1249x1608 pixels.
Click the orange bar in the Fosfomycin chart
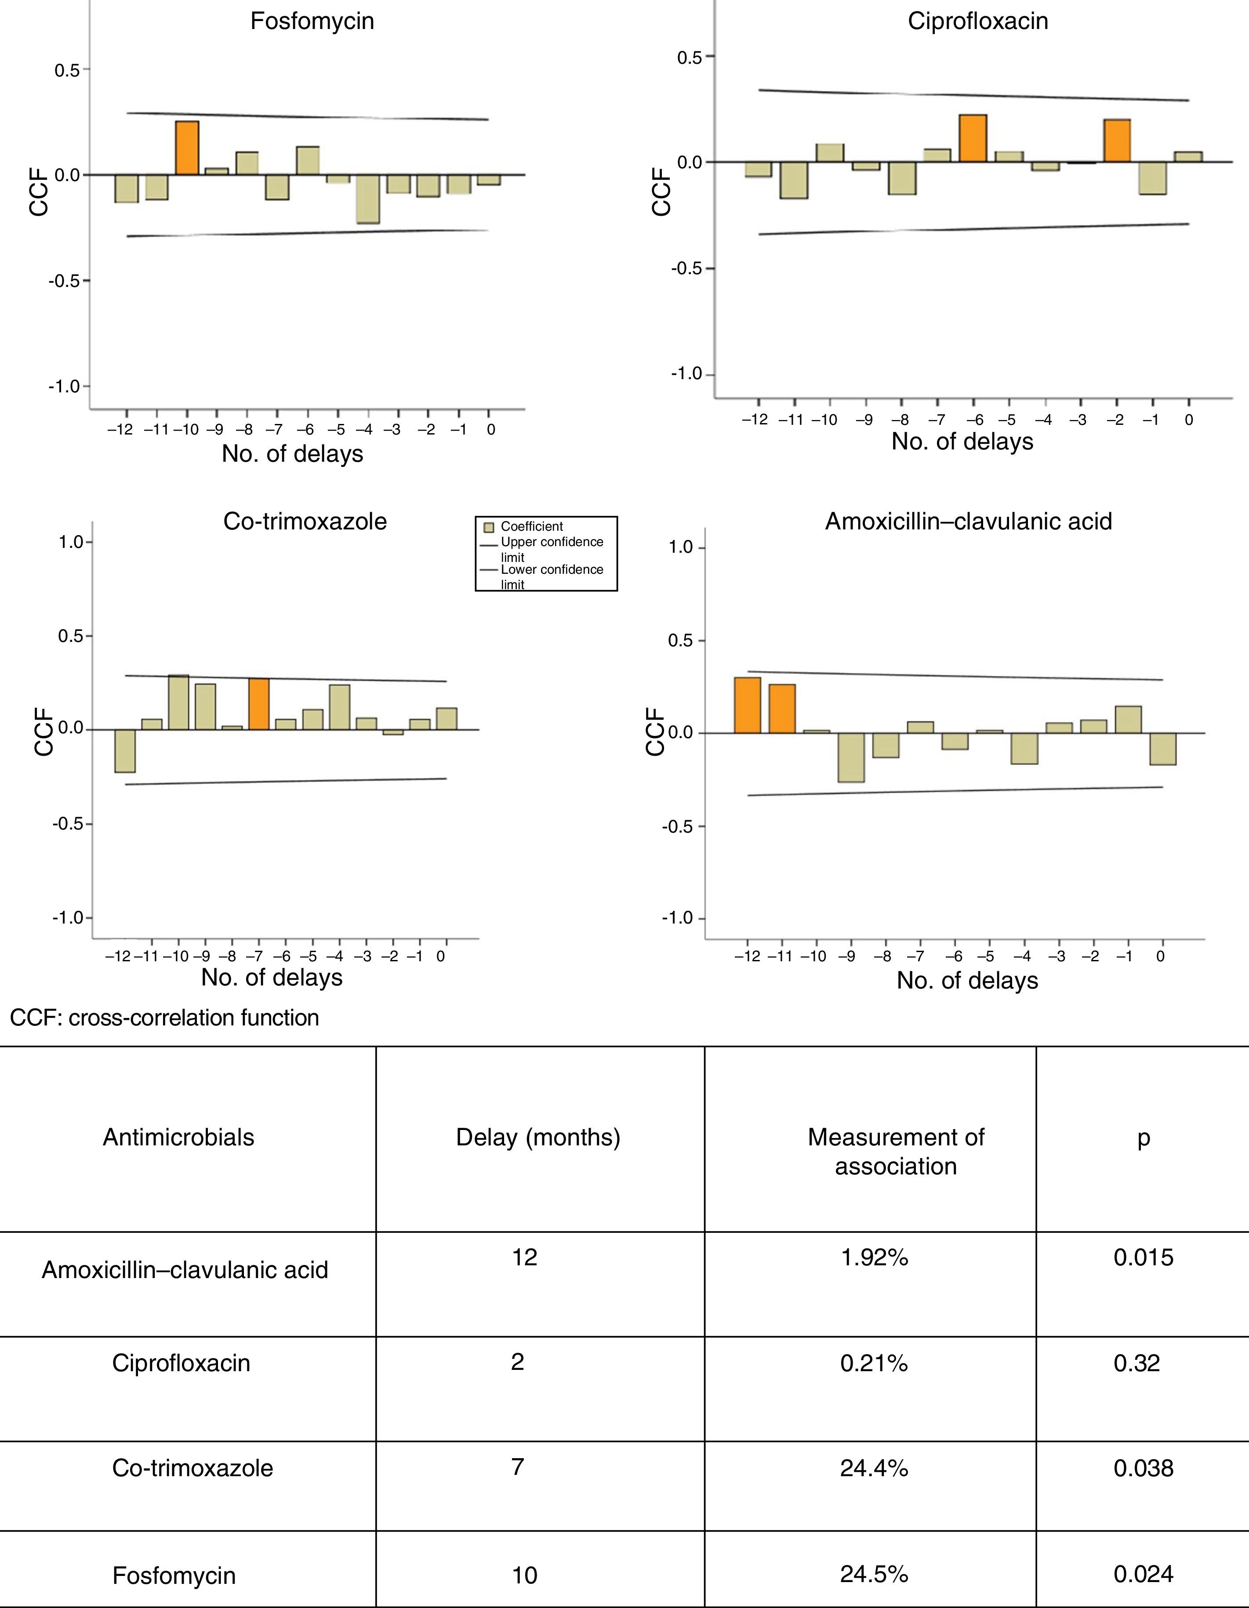187,148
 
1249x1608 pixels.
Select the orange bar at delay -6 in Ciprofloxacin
973,138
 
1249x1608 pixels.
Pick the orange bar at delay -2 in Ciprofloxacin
1116,141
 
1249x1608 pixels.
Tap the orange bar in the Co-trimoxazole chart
258,704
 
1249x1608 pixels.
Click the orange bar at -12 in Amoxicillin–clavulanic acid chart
748,705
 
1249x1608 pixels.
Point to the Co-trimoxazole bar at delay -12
125,750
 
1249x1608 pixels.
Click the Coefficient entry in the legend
531,526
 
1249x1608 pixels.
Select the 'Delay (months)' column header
537,1137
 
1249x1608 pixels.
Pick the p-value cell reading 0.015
1143,1257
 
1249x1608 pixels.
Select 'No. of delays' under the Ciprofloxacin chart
962,442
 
